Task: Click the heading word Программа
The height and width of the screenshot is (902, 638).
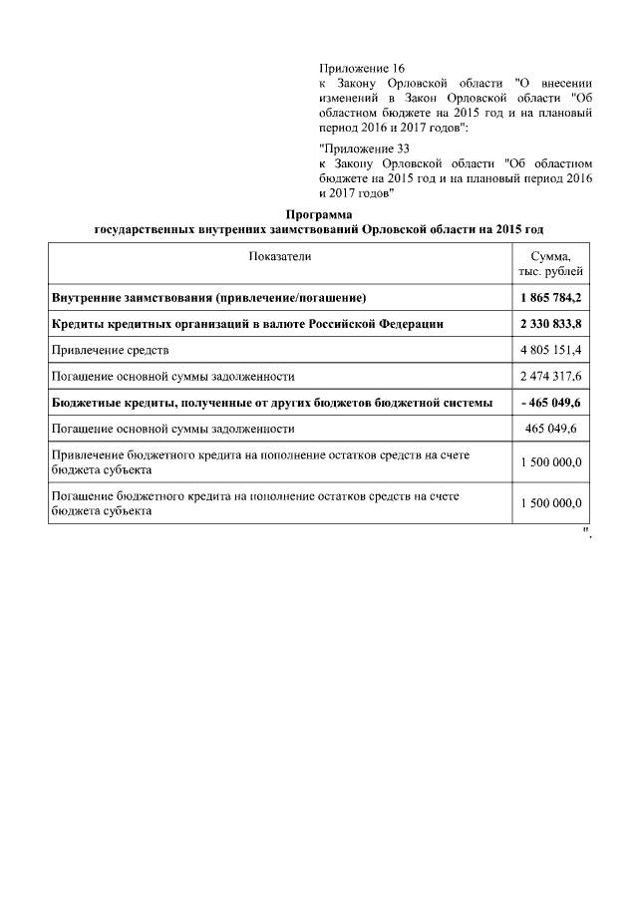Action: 319,214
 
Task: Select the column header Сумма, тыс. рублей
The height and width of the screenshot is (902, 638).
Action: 550,263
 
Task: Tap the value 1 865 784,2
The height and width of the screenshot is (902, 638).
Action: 550,298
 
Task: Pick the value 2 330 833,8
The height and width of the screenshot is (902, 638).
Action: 550,324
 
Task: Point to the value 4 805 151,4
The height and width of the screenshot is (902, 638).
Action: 550,350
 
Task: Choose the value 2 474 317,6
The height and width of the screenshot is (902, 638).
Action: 550,377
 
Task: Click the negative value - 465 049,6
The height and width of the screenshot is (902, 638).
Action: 550,403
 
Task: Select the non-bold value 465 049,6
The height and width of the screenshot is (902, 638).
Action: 550,429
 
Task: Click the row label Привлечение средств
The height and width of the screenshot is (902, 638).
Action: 111,350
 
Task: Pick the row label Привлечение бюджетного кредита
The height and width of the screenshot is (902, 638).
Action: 260,460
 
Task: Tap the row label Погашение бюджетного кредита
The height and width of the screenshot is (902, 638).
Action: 259,501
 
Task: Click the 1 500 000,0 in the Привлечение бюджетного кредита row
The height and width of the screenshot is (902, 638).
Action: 550,461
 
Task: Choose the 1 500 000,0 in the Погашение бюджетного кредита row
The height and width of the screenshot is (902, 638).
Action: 550,502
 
